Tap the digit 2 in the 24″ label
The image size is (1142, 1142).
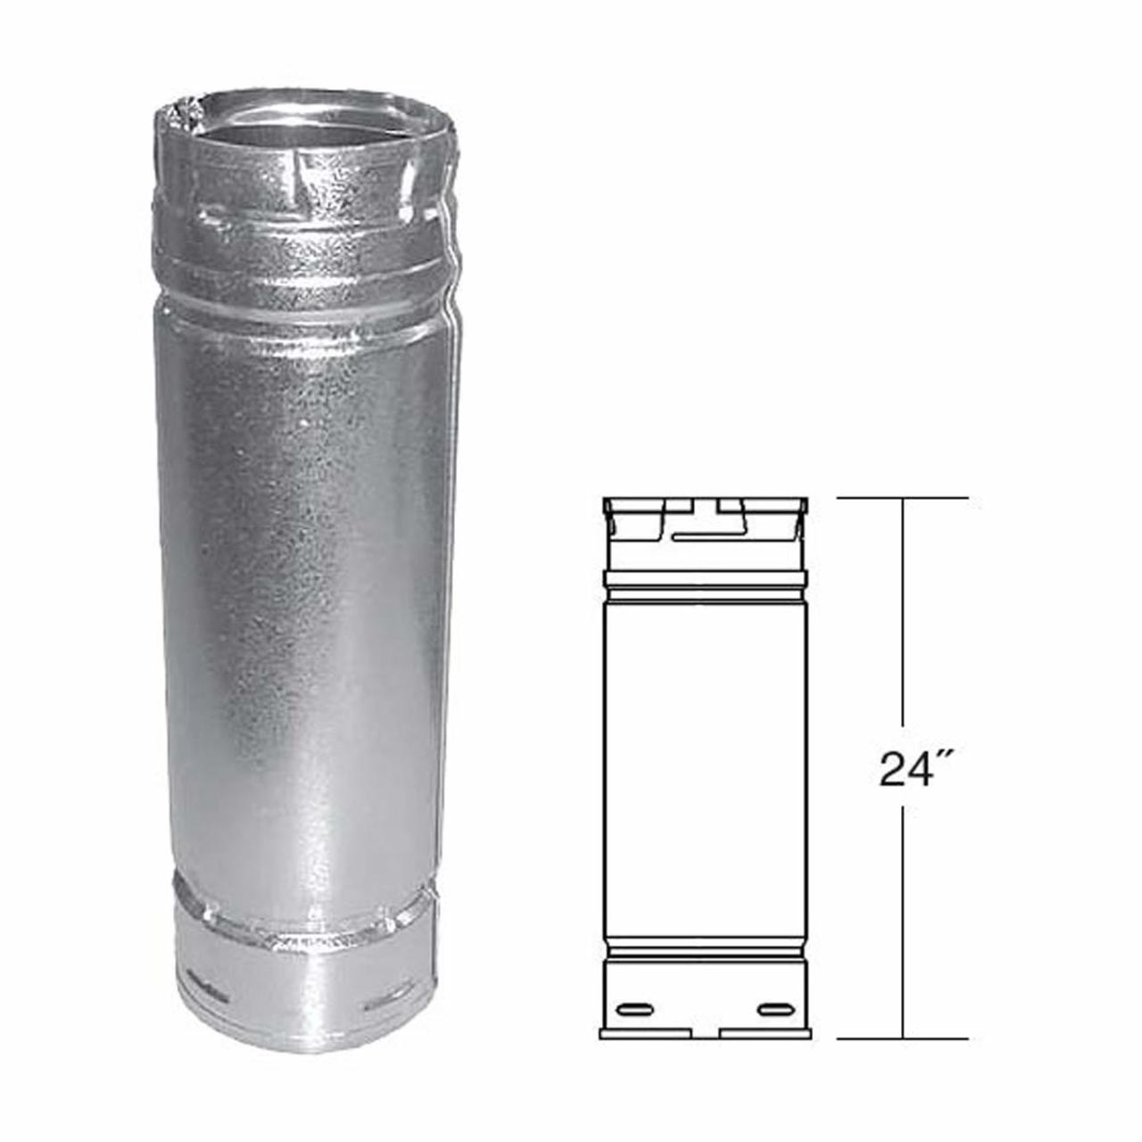[892, 769]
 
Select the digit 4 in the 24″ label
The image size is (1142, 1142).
[916, 769]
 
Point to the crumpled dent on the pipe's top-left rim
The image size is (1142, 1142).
[176, 119]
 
